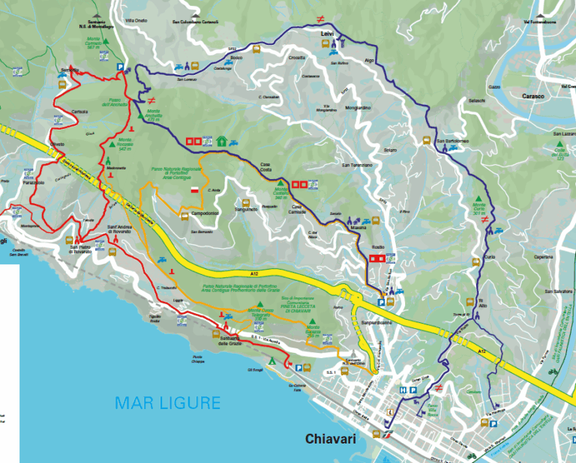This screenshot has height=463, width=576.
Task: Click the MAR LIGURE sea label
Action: [x=167, y=403]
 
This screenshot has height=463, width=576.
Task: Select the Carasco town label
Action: [x=537, y=96]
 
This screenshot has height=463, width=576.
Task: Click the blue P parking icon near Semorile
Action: [x=120, y=67]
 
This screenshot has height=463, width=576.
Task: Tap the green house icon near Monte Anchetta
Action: [x=222, y=140]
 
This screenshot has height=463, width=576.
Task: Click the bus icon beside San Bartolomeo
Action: [x=426, y=140]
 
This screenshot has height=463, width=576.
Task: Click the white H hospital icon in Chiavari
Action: [x=403, y=390]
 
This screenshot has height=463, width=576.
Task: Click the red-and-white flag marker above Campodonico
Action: [x=194, y=191]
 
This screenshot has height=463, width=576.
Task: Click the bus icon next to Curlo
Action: [x=475, y=262]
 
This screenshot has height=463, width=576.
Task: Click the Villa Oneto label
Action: [x=136, y=20]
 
